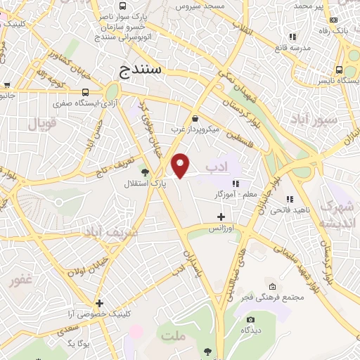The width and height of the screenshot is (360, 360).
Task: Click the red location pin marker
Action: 181,165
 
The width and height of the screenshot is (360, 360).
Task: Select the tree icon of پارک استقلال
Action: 146,172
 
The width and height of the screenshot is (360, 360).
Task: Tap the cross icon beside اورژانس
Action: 221,217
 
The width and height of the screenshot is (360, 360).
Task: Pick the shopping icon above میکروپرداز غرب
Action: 194,118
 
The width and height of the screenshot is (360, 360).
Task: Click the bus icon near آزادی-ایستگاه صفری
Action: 85,92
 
